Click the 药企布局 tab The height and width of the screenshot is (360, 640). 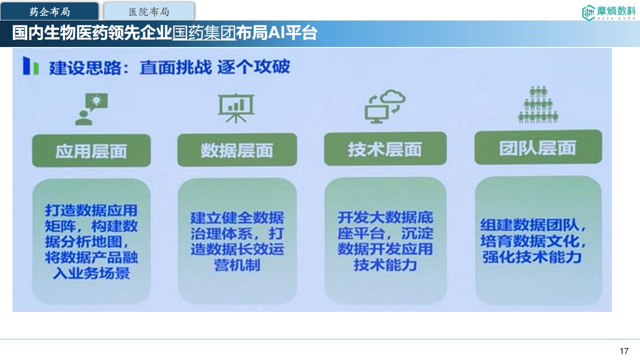click(x=49, y=11)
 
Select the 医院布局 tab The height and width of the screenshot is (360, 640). click(x=149, y=11)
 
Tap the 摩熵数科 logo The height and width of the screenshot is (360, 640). click(x=608, y=12)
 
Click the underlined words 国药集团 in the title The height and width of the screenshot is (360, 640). click(x=204, y=33)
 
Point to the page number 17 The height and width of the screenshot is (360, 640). click(x=624, y=351)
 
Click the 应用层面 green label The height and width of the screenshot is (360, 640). click(x=91, y=150)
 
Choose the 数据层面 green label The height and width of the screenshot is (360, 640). click(x=237, y=149)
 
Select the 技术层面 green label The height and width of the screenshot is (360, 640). click(x=385, y=148)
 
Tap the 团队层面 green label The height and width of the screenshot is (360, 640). click(x=538, y=147)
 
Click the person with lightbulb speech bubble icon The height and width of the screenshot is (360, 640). click(x=91, y=109)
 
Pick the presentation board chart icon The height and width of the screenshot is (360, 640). click(x=236, y=108)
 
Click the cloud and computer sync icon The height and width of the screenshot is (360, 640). click(x=385, y=106)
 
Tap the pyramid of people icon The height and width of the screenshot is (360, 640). click(x=538, y=104)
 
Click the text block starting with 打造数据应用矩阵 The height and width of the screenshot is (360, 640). click(x=91, y=241)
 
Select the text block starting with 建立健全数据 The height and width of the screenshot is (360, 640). click(x=237, y=241)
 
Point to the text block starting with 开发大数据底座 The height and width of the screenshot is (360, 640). click(x=385, y=241)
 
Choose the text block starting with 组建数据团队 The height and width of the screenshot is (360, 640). click(x=533, y=241)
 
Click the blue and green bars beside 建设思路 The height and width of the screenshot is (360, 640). click(x=31, y=65)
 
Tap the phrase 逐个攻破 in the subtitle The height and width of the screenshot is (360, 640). click(x=253, y=67)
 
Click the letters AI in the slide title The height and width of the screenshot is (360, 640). click(x=276, y=33)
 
